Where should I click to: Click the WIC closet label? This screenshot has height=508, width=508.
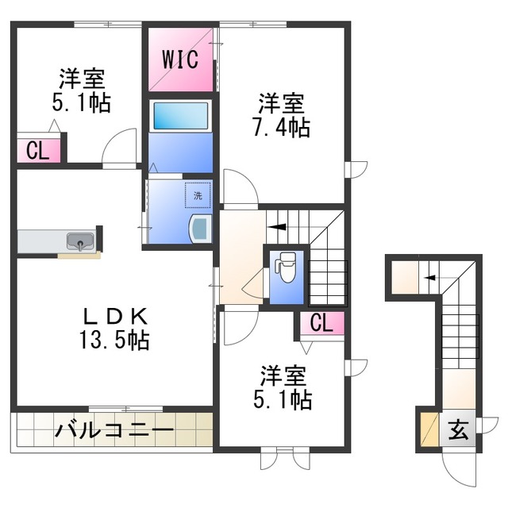pyautogui.click(x=181, y=59)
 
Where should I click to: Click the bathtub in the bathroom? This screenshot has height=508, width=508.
pyautogui.click(x=180, y=116)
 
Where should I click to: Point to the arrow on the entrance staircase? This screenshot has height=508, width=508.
pyautogui.click(x=430, y=277)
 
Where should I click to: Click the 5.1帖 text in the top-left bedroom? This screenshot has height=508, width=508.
pyautogui.click(x=81, y=103)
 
